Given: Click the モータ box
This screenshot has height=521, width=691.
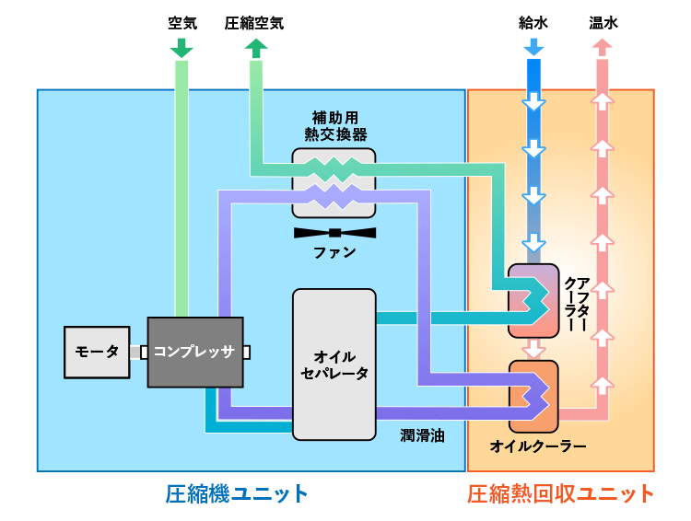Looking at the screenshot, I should [x=97, y=352].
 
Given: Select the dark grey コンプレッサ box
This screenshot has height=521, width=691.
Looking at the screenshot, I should [x=195, y=351].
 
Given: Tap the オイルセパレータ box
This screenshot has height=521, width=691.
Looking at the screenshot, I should [x=334, y=364].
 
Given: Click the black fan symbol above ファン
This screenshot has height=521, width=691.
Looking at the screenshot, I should [x=334, y=232].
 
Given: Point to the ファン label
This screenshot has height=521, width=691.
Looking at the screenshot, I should [x=334, y=252].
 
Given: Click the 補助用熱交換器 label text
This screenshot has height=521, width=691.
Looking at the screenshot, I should [x=334, y=126].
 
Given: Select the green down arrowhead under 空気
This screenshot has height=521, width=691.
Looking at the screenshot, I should [x=182, y=49].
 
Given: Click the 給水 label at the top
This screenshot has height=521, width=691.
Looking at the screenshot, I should [x=533, y=23].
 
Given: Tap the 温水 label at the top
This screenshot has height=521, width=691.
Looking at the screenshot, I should [x=603, y=23].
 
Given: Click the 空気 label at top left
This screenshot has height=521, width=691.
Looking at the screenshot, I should [x=182, y=23].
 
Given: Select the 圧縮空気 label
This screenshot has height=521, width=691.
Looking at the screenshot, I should [x=254, y=23].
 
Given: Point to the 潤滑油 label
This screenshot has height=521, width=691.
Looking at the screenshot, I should [x=422, y=434].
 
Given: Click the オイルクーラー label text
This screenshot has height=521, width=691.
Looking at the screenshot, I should [x=538, y=446].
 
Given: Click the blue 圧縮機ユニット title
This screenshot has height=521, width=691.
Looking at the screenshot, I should [x=237, y=493].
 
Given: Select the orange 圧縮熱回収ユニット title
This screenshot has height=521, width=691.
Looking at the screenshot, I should [x=560, y=493].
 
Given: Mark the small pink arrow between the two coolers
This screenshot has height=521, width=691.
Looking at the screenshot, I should [x=533, y=349].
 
